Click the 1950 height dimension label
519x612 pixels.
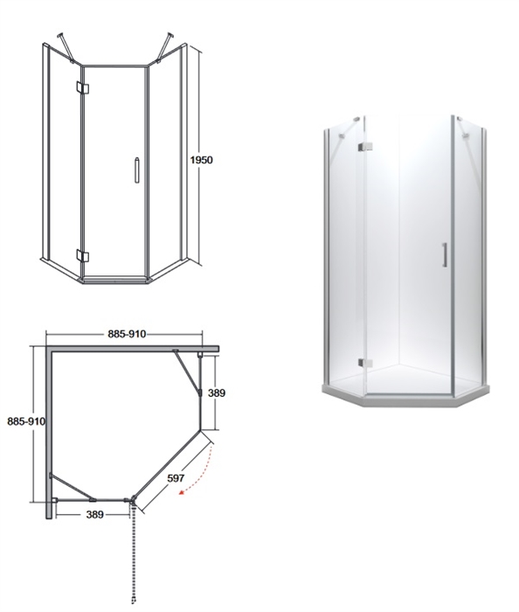pyautogui.click(x=201, y=160)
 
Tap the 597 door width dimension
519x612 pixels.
pyautogui.click(x=176, y=477)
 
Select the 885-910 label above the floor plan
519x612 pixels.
pyautogui.click(x=127, y=334)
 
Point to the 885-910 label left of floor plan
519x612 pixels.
pyautogui.click(x=26, y=421)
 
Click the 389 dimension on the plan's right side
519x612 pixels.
pyautogui.click(x=217, y=393)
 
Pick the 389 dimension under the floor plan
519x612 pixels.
pyautogui.click(x=94, y=515)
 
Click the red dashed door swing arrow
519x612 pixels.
pyautogui.click(x=199, y=473)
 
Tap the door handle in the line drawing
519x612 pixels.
pyautogui.click(x=136, y=170)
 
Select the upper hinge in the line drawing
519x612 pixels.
pyautogui.click(x=83, y=88)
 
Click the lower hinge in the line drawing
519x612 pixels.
pyautogui.click(x=83, y=256)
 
